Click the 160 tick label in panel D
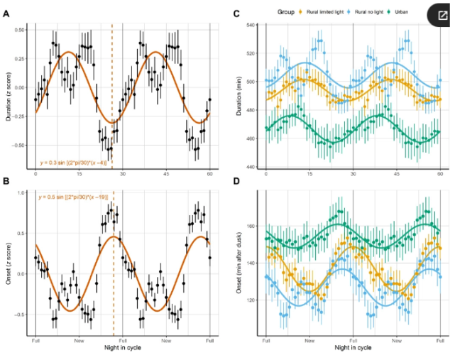tap(249, 227)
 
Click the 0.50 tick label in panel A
tap(19, 30)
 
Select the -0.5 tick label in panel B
tap(21, 314)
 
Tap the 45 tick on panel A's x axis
tap(167, 174)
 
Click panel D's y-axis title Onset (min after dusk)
tap(239, 266)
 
